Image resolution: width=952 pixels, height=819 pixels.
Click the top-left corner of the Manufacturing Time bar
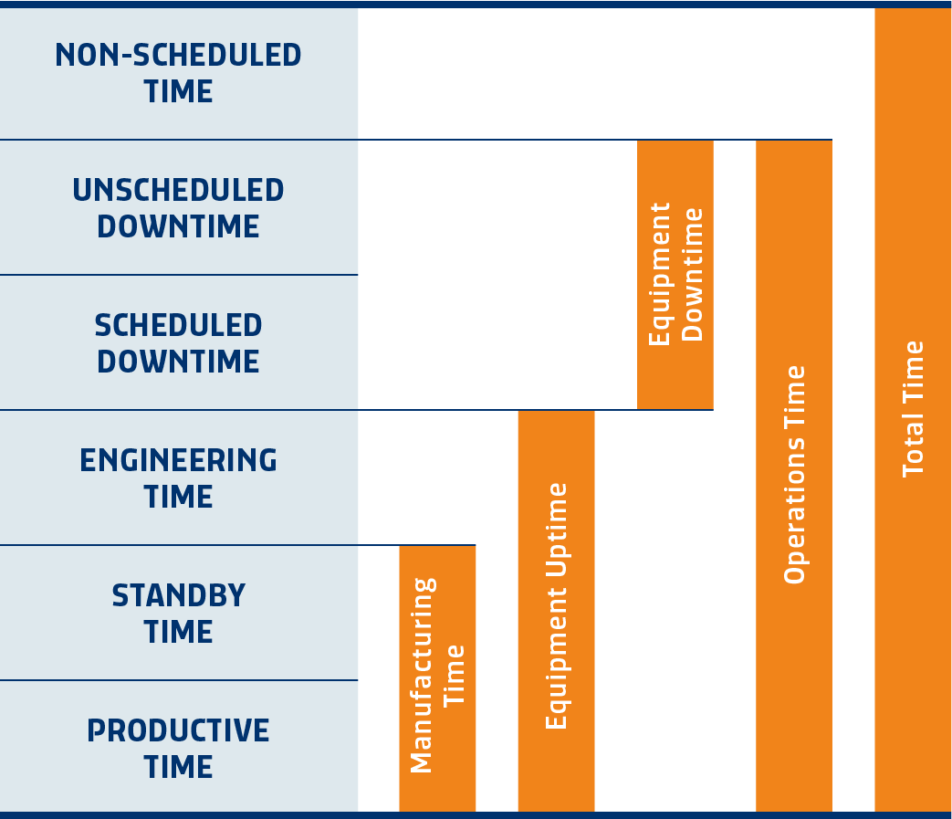[400, 546]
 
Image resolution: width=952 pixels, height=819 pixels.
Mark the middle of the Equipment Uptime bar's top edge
[556, 411]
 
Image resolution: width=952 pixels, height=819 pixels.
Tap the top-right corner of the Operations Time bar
[832, 141]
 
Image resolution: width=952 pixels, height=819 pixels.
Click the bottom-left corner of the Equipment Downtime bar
[637, 409]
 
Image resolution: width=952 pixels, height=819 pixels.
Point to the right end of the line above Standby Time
[476, 545]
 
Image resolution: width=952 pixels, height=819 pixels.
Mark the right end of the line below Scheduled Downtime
[714, 410]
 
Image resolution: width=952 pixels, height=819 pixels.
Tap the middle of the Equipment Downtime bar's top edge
[675, 141]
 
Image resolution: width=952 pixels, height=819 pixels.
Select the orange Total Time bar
[913, 410]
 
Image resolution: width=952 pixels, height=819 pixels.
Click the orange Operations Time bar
[794, 476]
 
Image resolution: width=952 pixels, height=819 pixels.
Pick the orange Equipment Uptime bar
[556, 612]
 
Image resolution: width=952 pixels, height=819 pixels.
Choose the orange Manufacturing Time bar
[437, 678]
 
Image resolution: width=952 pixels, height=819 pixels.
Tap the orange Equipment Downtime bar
[675, 275]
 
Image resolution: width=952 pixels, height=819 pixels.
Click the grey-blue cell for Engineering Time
[179, 478]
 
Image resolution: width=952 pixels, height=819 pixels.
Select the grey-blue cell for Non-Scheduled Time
[179, 73]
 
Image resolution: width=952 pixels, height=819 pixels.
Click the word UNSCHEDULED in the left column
[179, 190]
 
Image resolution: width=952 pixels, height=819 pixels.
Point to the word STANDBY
[179, 595]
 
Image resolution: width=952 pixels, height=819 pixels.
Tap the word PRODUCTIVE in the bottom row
[179, 730]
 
